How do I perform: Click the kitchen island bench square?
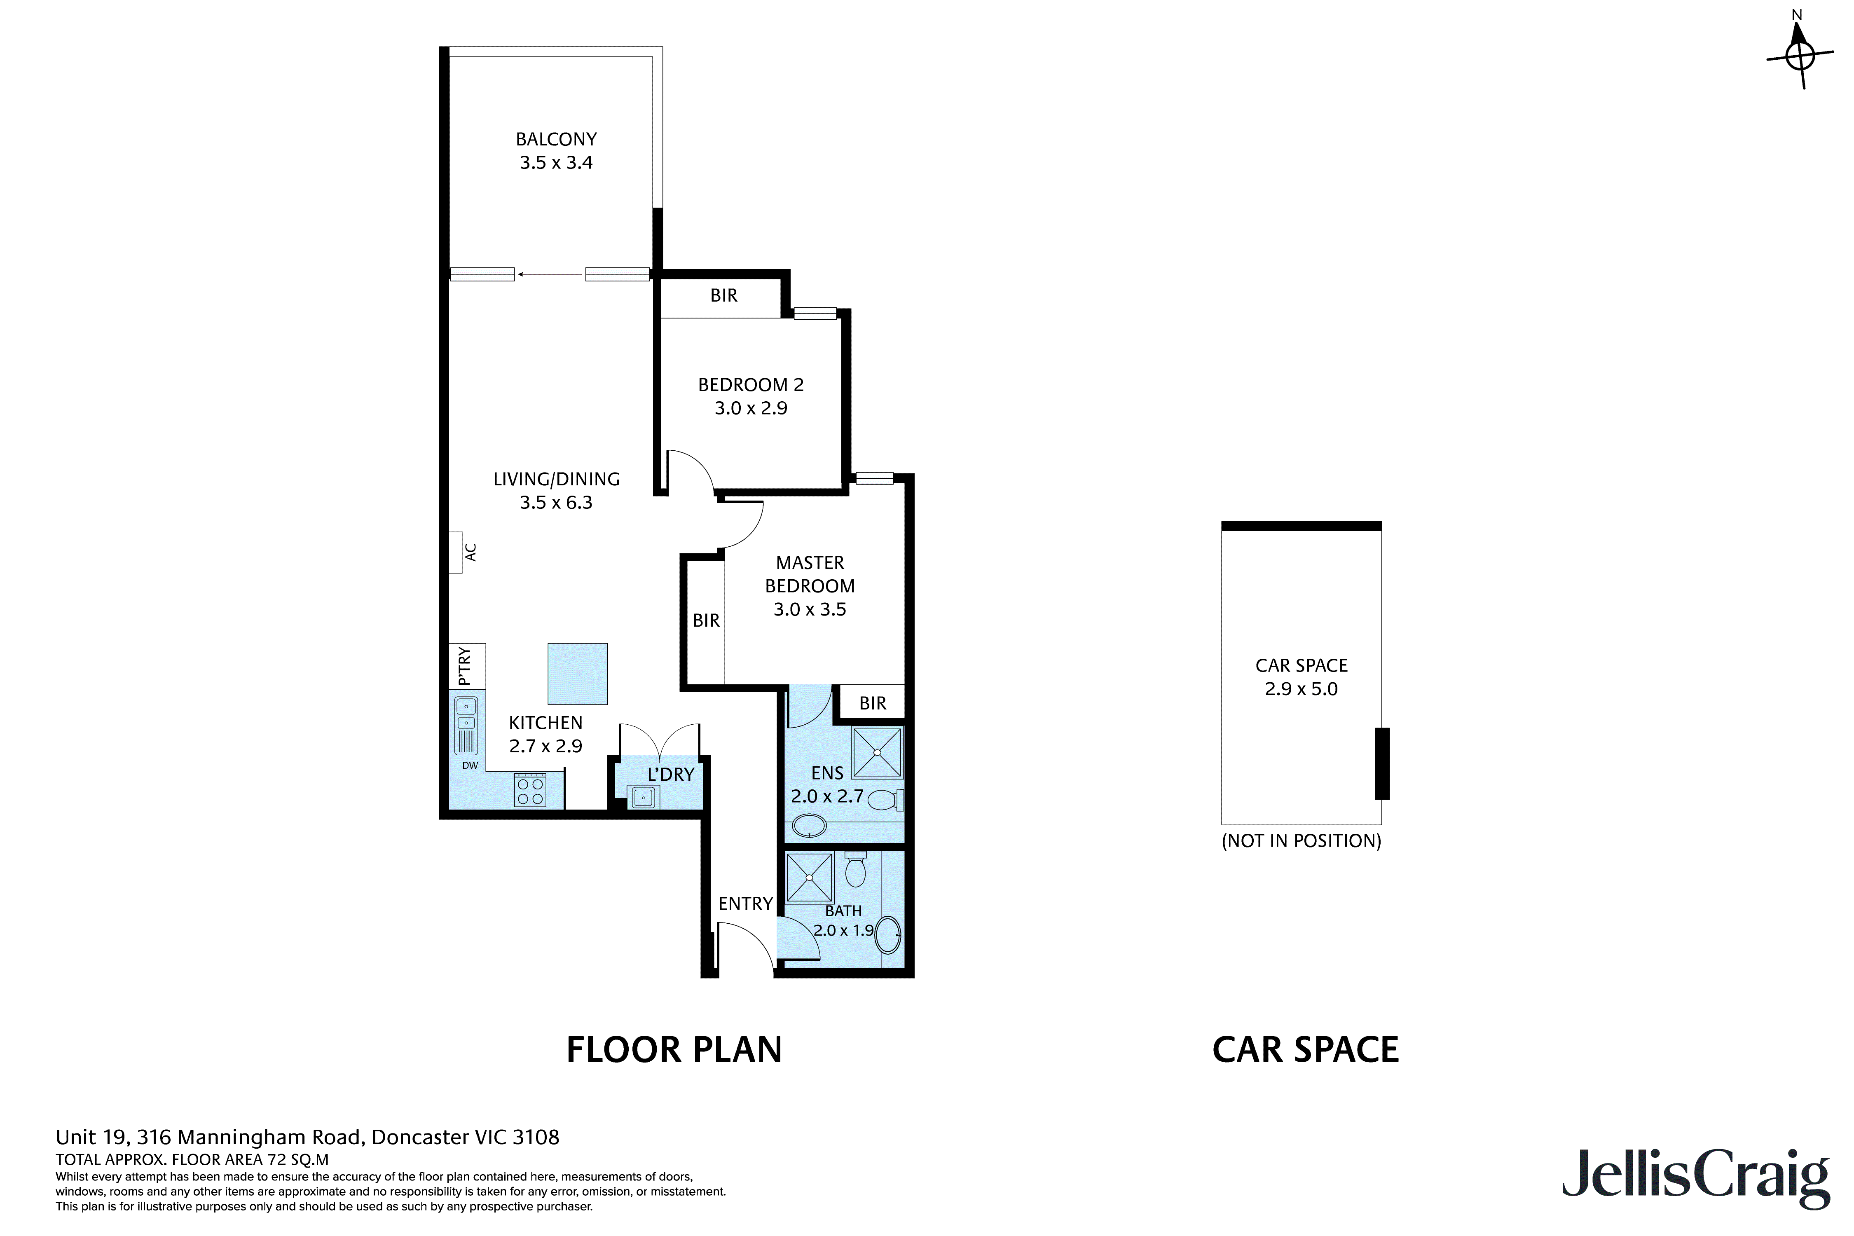pyautogui.click(x=578, y=674)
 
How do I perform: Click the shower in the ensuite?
pyautogui.click(x=877, y=753)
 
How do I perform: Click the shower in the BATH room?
pyautogui.click(x=810, y=877)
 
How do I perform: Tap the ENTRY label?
pyautogui.click(x=745, y=904)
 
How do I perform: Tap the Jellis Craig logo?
pyautogui.click(x=1695, y=1186)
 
